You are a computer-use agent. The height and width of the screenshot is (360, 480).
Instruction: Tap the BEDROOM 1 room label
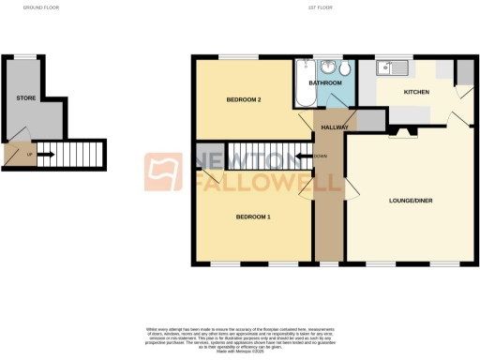coord(252,217)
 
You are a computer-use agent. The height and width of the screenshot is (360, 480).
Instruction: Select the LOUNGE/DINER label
coord(409,201)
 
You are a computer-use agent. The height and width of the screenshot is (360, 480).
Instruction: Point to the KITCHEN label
coord(416,93)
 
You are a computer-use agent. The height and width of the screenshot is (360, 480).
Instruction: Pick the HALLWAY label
coord(335,127)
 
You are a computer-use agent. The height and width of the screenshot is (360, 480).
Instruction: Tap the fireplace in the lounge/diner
coord(403,133)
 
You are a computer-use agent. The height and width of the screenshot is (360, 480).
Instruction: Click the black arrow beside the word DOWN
coord(303,156)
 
